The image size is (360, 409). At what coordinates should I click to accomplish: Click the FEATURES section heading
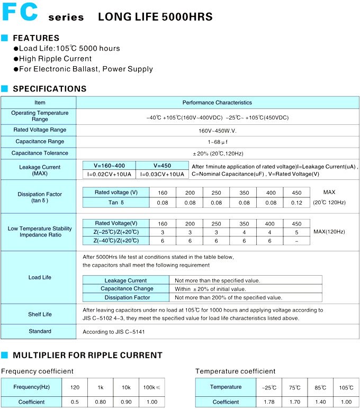point(36,38)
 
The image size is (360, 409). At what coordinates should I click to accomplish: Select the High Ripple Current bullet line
point(56,59)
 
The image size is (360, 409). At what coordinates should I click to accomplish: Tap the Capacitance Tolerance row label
point(40,153)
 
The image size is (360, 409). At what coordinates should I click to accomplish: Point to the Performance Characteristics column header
point(217,103)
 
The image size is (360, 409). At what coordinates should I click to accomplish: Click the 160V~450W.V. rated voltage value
point(217,130)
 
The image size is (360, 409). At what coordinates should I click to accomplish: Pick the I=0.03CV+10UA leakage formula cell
point(162,174)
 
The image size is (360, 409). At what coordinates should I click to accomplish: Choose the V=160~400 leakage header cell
point(110,165)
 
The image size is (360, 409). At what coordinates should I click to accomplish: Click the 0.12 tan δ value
point(296,203)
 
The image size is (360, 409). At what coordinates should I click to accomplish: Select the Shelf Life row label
point(40,314)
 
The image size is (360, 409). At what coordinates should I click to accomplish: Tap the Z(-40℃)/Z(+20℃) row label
point(116,241)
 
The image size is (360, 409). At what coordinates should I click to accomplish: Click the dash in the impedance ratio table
point(296,241)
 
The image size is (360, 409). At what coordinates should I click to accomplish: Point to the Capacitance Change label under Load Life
point(127,289)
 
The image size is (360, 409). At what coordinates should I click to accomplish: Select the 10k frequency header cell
point(126,387)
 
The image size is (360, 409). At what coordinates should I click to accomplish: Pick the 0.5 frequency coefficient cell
point(75,402)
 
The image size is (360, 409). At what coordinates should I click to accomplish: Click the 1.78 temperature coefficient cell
point(269,402)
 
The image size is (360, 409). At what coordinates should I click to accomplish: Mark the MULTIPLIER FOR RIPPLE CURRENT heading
point(87,355)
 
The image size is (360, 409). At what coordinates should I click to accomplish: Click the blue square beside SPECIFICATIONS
point(5,89)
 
